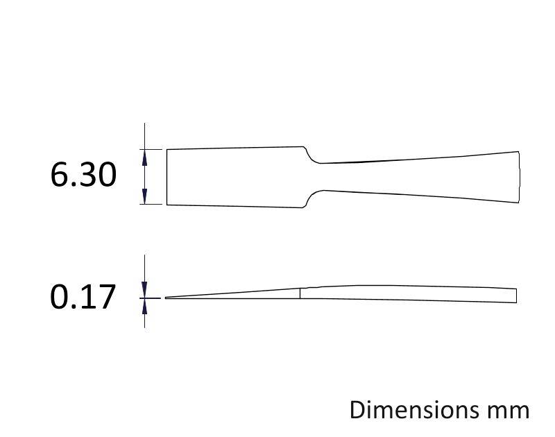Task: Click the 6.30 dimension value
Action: pos(83,174)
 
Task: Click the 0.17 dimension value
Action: pos(83,298)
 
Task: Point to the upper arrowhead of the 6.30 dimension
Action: pos(144,156)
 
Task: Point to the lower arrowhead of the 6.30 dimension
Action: pos(144,198)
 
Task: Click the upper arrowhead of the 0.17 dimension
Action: pos(144,291)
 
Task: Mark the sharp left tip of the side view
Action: pos(166,298)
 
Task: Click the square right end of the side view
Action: pos(516,295)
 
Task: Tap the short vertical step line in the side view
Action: pos(300,293)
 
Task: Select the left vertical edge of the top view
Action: pos(166,177)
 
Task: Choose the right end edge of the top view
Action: pos(520,177)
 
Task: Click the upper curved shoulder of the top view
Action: pos(311,156)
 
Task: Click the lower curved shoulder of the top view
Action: pos(311,196)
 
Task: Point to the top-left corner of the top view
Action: pos(166,149)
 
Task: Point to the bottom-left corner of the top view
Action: pos(166,205)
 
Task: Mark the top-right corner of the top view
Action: pos(519,151)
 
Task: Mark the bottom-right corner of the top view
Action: pos(519,203)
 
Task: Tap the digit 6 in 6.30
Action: pos(59,174)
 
